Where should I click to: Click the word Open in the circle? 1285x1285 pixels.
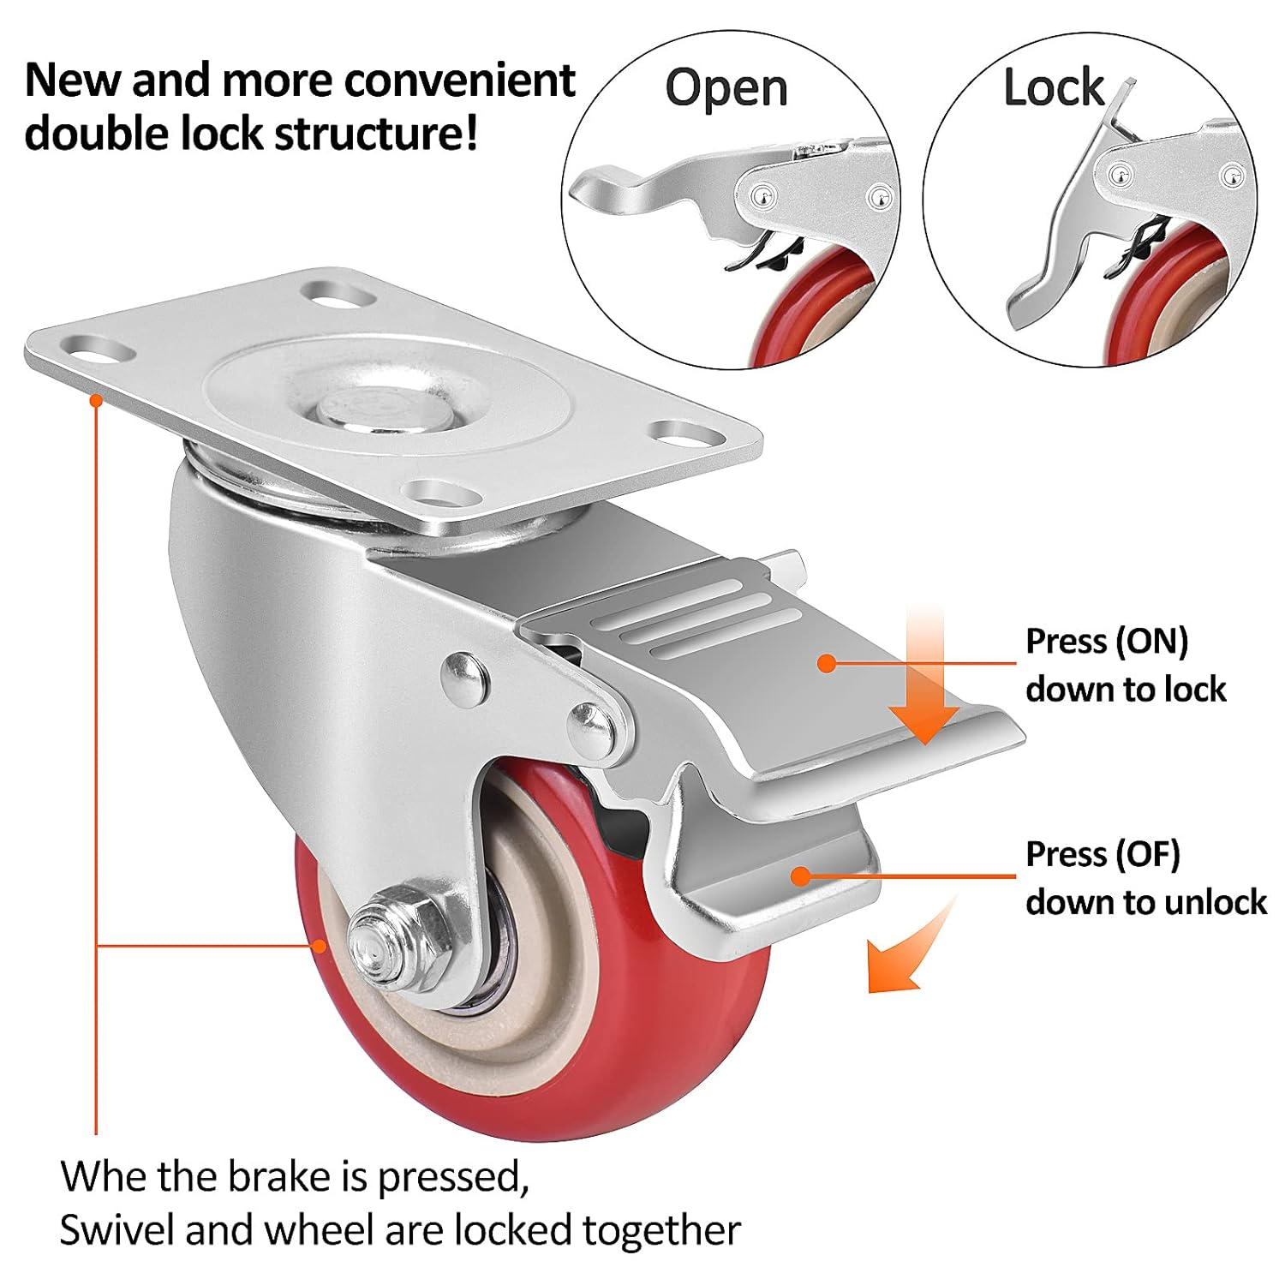pyautogui.click(x=726, y=89)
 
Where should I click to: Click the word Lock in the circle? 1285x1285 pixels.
pyautogui.click(x=1053, y=87)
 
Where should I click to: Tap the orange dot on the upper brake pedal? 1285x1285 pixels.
pyautogui.click(x=826, y=662)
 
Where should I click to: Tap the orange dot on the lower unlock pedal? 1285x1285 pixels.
pyautogui.click(x=800, y=876)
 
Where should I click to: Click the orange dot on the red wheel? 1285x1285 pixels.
pyautogui.click(x=320, y=945)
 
